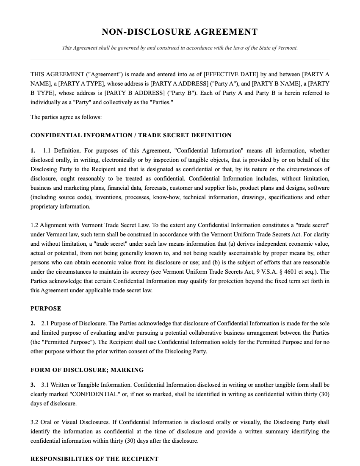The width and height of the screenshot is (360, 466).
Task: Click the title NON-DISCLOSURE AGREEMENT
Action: click(x=180, y=32)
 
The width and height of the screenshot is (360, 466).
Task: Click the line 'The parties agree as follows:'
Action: click(x=66, y=117)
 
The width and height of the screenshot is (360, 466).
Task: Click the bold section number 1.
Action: click(x=33, y=150)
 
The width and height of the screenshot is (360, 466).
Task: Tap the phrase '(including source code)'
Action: click(x=60, y=197)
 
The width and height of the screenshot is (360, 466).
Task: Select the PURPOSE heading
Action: click(x=46, y=308)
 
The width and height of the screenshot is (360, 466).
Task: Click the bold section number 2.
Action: click(x=33, y=323)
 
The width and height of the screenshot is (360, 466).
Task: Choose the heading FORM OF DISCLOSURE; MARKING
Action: click(x=87, y=370)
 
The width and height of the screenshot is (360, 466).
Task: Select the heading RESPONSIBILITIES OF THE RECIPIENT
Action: click(x=94, y=459)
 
